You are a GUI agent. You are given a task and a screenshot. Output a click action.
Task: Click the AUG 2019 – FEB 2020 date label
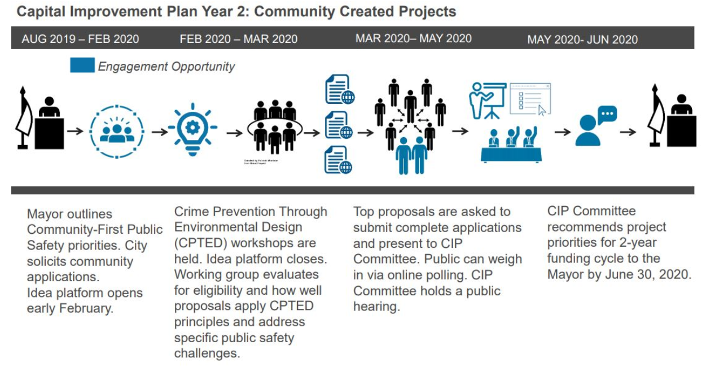click(80, 39)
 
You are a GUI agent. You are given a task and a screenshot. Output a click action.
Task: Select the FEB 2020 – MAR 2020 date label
click(238, 39)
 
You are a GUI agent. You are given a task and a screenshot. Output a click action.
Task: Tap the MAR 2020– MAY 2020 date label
click(413, 38)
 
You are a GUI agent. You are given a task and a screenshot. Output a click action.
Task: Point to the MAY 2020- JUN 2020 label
click(582, 40)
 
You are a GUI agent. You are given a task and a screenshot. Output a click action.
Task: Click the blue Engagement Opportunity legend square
click(82, 65)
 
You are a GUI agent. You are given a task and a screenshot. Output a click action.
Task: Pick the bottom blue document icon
click(339, 160)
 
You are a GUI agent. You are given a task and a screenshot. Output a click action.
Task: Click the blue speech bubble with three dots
click(607, 115)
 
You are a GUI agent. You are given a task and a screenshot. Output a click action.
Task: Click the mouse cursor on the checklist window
click(542, 110)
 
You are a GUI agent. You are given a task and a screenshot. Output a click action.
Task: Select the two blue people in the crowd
click(411, 154)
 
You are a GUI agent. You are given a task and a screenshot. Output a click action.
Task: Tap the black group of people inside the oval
click(274, 127)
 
